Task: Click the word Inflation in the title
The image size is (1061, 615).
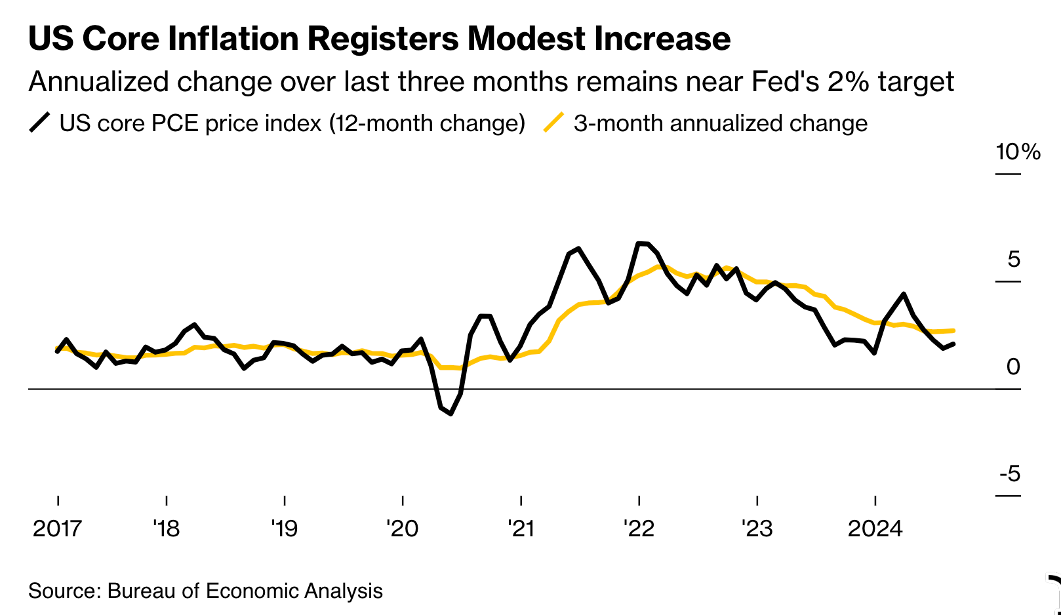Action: (232, 39)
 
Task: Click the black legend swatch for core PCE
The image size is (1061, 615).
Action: (39, 123)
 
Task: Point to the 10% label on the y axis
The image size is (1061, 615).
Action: (1018, 152)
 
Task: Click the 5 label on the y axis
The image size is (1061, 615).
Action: (1014, 260)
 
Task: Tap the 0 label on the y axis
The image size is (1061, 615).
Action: (1013, 367)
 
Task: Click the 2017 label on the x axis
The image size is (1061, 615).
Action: (58, 528)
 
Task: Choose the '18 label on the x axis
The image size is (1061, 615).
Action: (167, 528)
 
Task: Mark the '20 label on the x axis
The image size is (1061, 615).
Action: (402, 528)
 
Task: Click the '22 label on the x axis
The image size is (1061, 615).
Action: (639, 528)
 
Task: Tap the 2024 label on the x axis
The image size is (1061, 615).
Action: (875, 528)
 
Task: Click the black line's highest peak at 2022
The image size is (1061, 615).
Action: (639, 243)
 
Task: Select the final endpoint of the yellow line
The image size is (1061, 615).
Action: (953, 330)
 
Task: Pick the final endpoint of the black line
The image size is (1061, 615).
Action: (953, 344)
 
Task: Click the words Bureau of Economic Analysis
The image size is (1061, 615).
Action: (245, 591)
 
